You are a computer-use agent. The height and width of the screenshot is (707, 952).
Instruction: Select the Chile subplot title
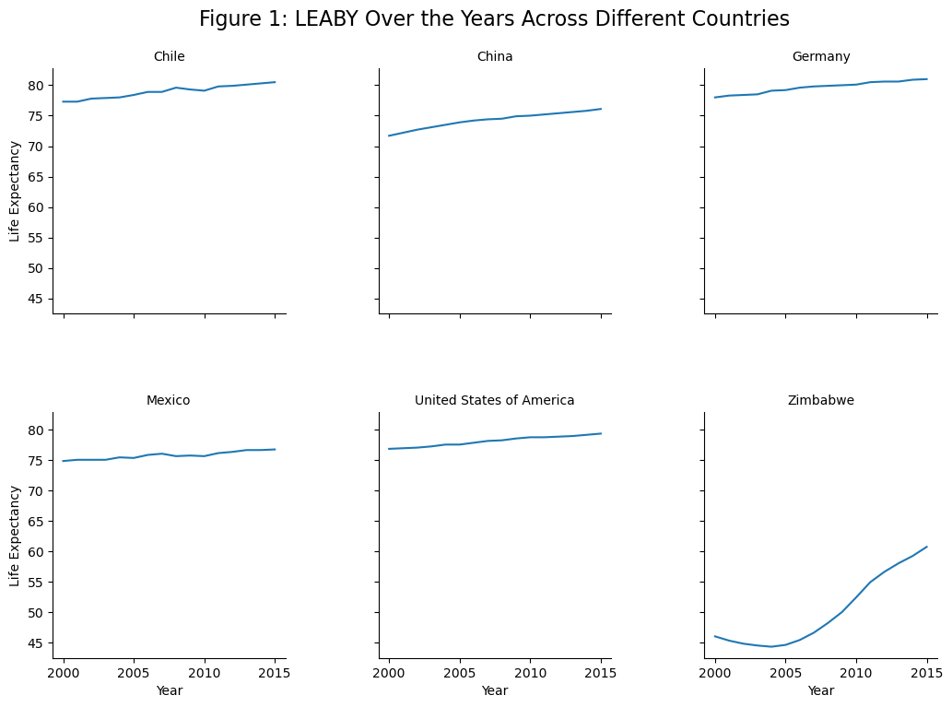[x=169, y=57]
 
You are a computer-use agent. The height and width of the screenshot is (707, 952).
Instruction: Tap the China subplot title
[x=495, y=57]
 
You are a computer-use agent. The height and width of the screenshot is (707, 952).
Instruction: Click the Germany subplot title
[x=821, y=57]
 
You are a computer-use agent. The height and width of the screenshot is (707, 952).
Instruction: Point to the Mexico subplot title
[x=169, y=400]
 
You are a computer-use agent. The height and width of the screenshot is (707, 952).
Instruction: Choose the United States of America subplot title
[x=495, y=400]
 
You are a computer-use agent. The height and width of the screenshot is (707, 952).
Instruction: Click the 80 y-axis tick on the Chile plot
[x=37, y=86]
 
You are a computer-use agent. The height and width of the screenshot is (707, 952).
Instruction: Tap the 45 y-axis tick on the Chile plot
[x=37, y=299]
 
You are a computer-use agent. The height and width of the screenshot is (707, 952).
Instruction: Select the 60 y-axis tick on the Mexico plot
[x=37, y=552]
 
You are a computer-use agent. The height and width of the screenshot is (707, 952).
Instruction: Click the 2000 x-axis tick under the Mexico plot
[x=64, y=674]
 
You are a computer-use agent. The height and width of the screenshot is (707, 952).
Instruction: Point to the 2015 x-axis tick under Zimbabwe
[x=926, y=674]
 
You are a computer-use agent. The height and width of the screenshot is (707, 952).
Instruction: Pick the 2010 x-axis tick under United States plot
[x=530, y=674]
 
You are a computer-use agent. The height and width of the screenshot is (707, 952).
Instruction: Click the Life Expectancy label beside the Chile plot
[x=15, y=191]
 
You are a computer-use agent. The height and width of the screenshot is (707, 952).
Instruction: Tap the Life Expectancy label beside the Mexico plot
[x=15, y=536]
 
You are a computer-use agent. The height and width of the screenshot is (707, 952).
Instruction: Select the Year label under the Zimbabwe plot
[x=821, y=690]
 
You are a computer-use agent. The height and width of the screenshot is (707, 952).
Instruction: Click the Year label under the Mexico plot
[x=169, y=690]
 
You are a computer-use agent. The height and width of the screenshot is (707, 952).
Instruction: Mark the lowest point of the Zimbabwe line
[x=771, y=646]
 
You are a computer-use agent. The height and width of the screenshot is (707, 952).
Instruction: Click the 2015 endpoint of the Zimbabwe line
[x=926, y=547]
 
